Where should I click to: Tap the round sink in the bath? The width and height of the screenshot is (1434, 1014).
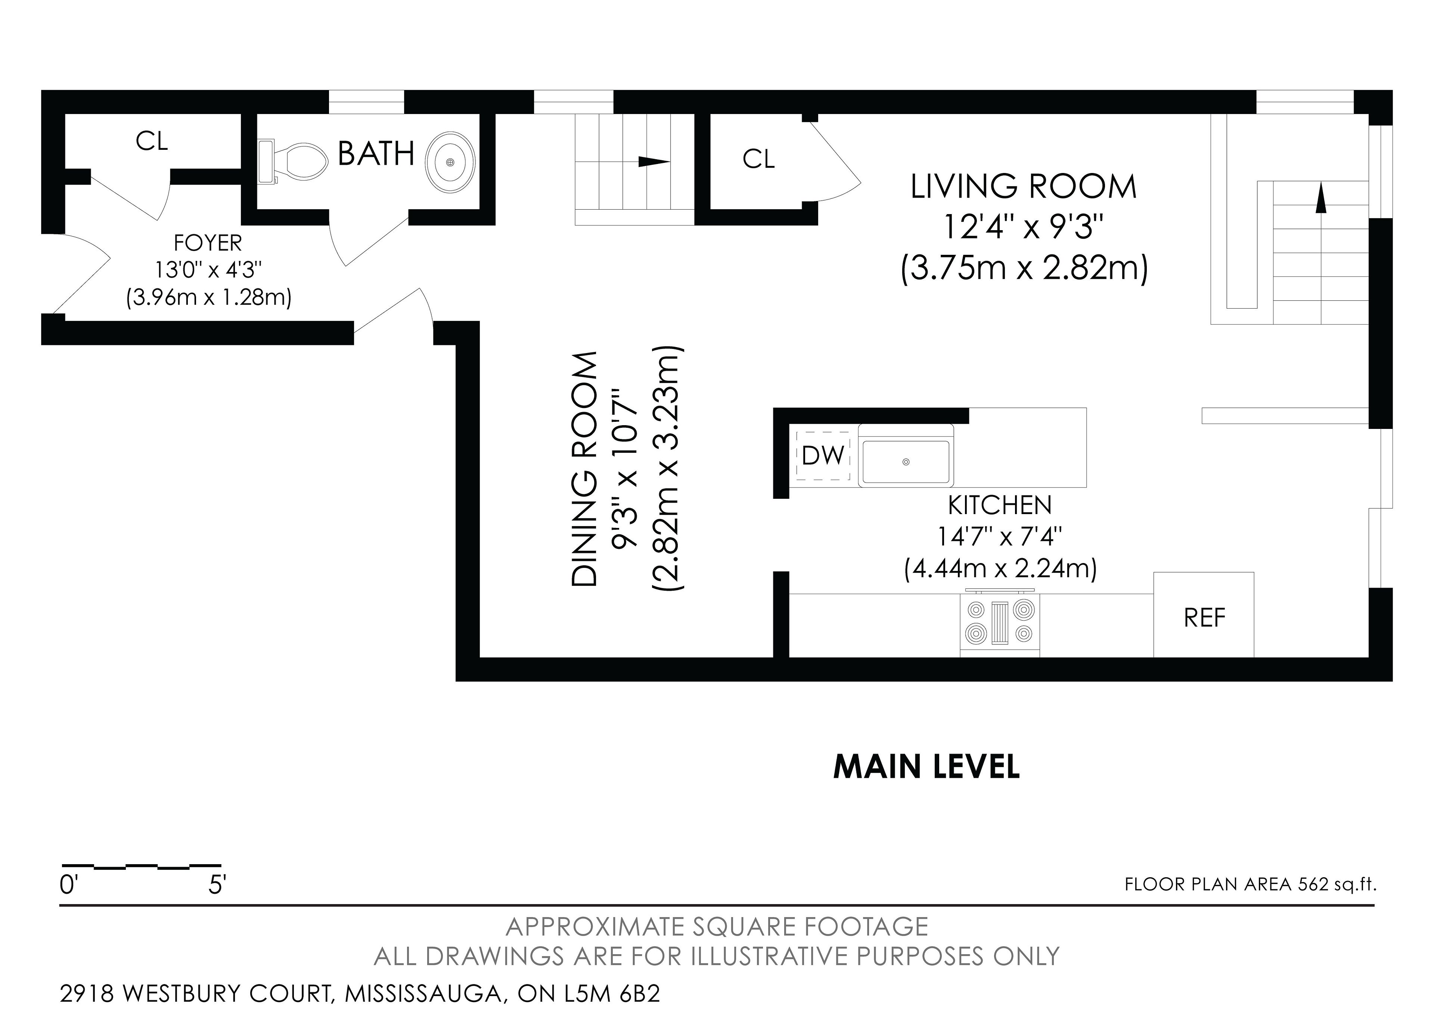(450, 161)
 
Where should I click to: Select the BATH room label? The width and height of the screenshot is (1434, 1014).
(376, 153)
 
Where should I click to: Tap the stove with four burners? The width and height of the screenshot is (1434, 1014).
(999, 622)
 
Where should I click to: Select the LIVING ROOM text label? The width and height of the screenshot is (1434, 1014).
(1024, 187)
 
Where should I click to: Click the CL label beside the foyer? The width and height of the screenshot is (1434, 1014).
(152, 142)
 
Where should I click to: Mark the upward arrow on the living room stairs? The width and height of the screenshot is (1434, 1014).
(1320, 199)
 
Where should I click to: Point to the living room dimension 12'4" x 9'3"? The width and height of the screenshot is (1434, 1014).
(1024, 227)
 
